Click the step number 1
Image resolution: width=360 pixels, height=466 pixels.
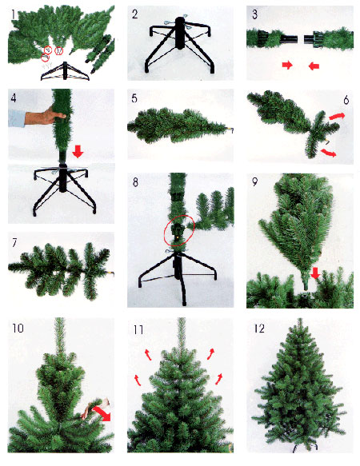coord(13,14)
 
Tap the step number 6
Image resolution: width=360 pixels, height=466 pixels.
coord(346,100)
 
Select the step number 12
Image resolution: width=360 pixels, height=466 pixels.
coord(259,329)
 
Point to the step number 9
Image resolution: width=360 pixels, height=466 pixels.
coord(254,182)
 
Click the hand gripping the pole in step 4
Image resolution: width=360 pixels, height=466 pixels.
coord(46,115)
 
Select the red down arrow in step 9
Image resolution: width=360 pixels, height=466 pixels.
coord(315,273)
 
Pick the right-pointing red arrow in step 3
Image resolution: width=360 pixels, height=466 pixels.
coord(287,65)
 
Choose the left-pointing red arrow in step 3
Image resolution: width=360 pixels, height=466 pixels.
coord(314,66)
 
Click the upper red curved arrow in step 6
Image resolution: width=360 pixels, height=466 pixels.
coord(337,116)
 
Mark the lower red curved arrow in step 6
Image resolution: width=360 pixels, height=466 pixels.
coord(329,153)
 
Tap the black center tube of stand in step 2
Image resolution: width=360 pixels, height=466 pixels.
coord(180,33)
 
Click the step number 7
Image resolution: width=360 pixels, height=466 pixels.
coord(14,243)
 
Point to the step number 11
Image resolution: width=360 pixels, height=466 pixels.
coord(138,329)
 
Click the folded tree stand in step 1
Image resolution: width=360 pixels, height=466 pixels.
coord(65,71)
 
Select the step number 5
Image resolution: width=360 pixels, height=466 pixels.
coord(134,98)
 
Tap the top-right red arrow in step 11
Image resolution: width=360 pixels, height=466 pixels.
coord(211,353)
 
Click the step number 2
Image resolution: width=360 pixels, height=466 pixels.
coord(135,14)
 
